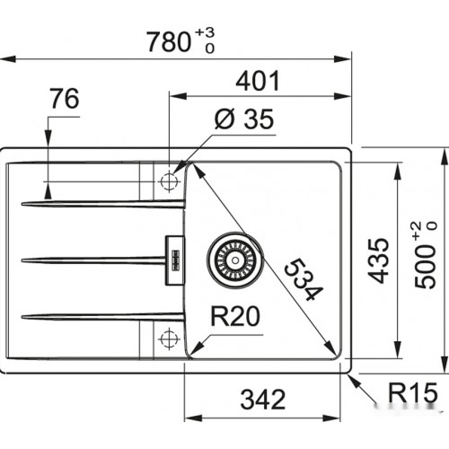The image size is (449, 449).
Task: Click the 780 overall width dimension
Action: coord(166,40)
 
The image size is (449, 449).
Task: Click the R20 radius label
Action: coord(236,316)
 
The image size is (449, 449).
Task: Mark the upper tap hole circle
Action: coord(168,182)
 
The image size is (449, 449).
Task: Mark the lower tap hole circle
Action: coord(168,339)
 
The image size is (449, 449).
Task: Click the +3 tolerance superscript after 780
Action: coord(206,33)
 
